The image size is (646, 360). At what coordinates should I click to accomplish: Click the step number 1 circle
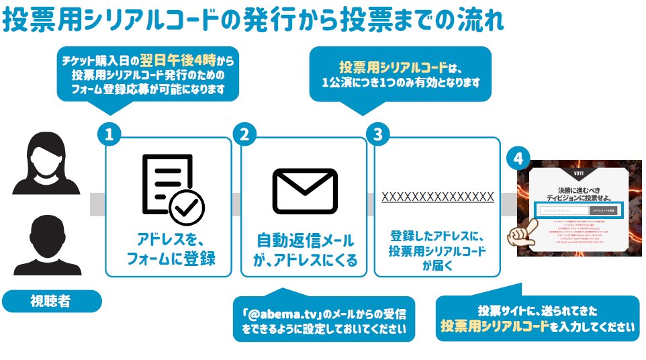click(x=109, y=134)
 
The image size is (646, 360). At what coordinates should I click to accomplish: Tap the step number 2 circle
click(x=244, y=134)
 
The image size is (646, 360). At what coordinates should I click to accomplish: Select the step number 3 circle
click(x=377, y=134)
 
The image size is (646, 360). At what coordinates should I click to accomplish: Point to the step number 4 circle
click(x=518, y=159)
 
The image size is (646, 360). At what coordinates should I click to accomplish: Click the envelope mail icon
click(x=304, y=190)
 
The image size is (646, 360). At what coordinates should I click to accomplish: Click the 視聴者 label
click(x=51, y=301)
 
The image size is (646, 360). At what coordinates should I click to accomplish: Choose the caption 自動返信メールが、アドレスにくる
click(x=304, y=250)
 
